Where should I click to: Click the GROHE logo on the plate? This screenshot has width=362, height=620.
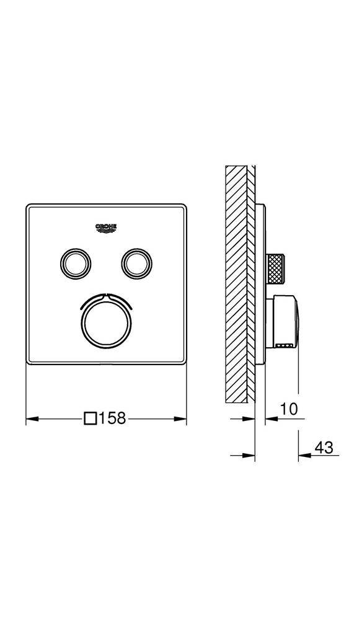tap(105, 228)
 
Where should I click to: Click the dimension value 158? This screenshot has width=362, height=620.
tap(112, 418)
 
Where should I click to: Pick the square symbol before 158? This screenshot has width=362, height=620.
tap(90, 418)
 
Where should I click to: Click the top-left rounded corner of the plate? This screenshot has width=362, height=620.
tap(29, 206)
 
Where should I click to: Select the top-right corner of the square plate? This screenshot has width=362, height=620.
tap(183, 206)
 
